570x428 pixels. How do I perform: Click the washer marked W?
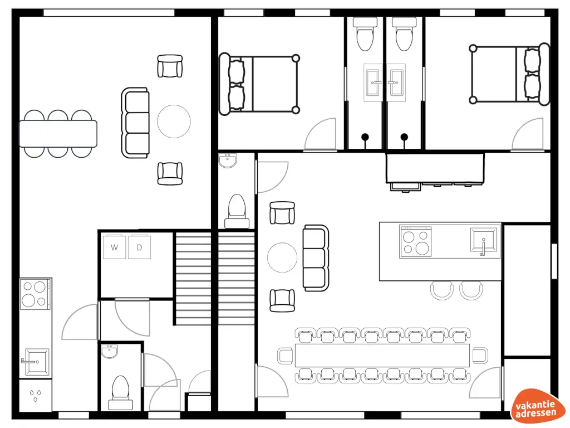coord(114,247)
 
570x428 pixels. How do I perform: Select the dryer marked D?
coord(139,247)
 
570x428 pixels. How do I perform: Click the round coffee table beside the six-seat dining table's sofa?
coord(174,121)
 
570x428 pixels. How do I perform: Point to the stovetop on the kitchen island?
coord(415,241)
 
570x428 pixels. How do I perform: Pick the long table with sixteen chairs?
coord(382,355)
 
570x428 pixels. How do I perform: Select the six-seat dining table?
coord(58,134)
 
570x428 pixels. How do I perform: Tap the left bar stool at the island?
coord(442,290)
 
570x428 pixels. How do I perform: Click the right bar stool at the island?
coord(471,290)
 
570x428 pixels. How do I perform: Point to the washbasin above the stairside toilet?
coord(228,161)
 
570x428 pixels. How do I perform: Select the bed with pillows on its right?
coord(510,75)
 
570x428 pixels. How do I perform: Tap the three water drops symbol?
coord(36,395)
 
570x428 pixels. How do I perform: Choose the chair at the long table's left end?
coord(286,355)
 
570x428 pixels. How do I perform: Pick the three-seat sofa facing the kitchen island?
coord(316,257)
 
